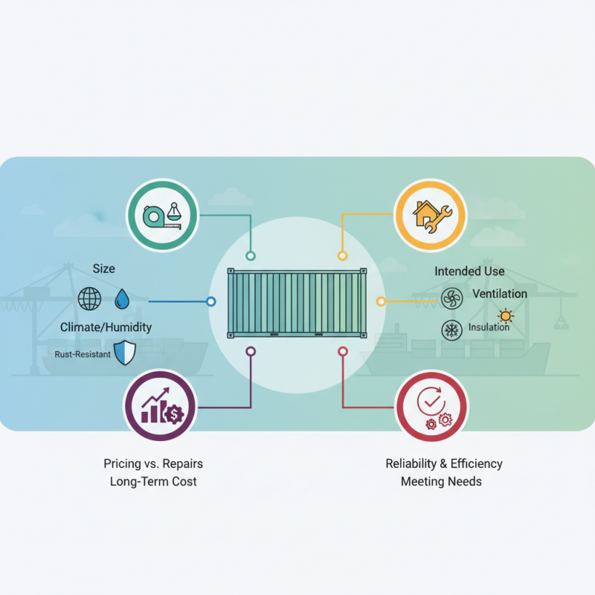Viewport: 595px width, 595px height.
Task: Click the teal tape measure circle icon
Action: point(162,216)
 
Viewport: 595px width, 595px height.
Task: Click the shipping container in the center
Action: point(297,302)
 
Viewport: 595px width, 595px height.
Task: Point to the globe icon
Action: point(89,300)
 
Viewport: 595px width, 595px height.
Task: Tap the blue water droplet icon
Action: point(122,300)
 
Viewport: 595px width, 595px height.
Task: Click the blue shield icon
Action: point(126,353)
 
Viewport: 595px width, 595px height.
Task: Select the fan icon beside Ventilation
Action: point(451,299)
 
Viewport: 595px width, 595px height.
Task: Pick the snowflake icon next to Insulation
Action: point(451,329)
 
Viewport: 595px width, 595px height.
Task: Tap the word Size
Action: point(104,268)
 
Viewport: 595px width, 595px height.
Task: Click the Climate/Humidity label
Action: point(106,327)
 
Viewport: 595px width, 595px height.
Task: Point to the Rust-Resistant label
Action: point(83,354)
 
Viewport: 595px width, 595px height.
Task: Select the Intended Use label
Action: point(469,271)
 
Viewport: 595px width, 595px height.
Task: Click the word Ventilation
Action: point(499,294)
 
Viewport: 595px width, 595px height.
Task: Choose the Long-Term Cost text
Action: point(153,481)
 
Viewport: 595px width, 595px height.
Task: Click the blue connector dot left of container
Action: point(211,302)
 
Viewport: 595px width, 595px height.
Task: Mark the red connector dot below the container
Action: point(343,350)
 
